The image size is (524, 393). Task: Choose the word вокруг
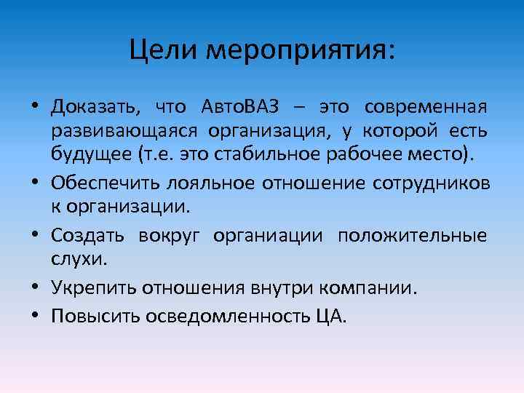168,237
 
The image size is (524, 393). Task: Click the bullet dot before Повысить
35,317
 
